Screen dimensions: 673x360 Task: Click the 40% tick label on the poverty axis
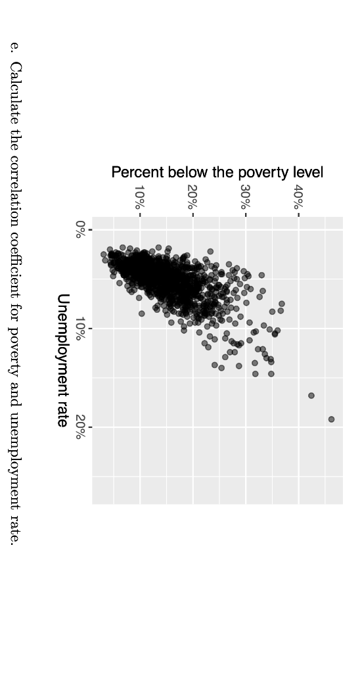[x=298, y=197]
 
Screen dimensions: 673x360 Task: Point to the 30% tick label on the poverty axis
[x=245, y=197]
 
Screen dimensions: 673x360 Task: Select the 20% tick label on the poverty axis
[x=192, y=197]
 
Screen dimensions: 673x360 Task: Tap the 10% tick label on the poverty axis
[x=139, y=197]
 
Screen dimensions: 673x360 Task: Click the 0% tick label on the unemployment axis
[x=79, y=229]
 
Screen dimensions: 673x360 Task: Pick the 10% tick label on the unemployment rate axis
[x=79, y=328]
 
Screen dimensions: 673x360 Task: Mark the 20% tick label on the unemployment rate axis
[x=79, y=427]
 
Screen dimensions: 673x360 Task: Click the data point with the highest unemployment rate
[x=331, y=419]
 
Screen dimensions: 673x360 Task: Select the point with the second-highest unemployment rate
[x=311, y=396]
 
